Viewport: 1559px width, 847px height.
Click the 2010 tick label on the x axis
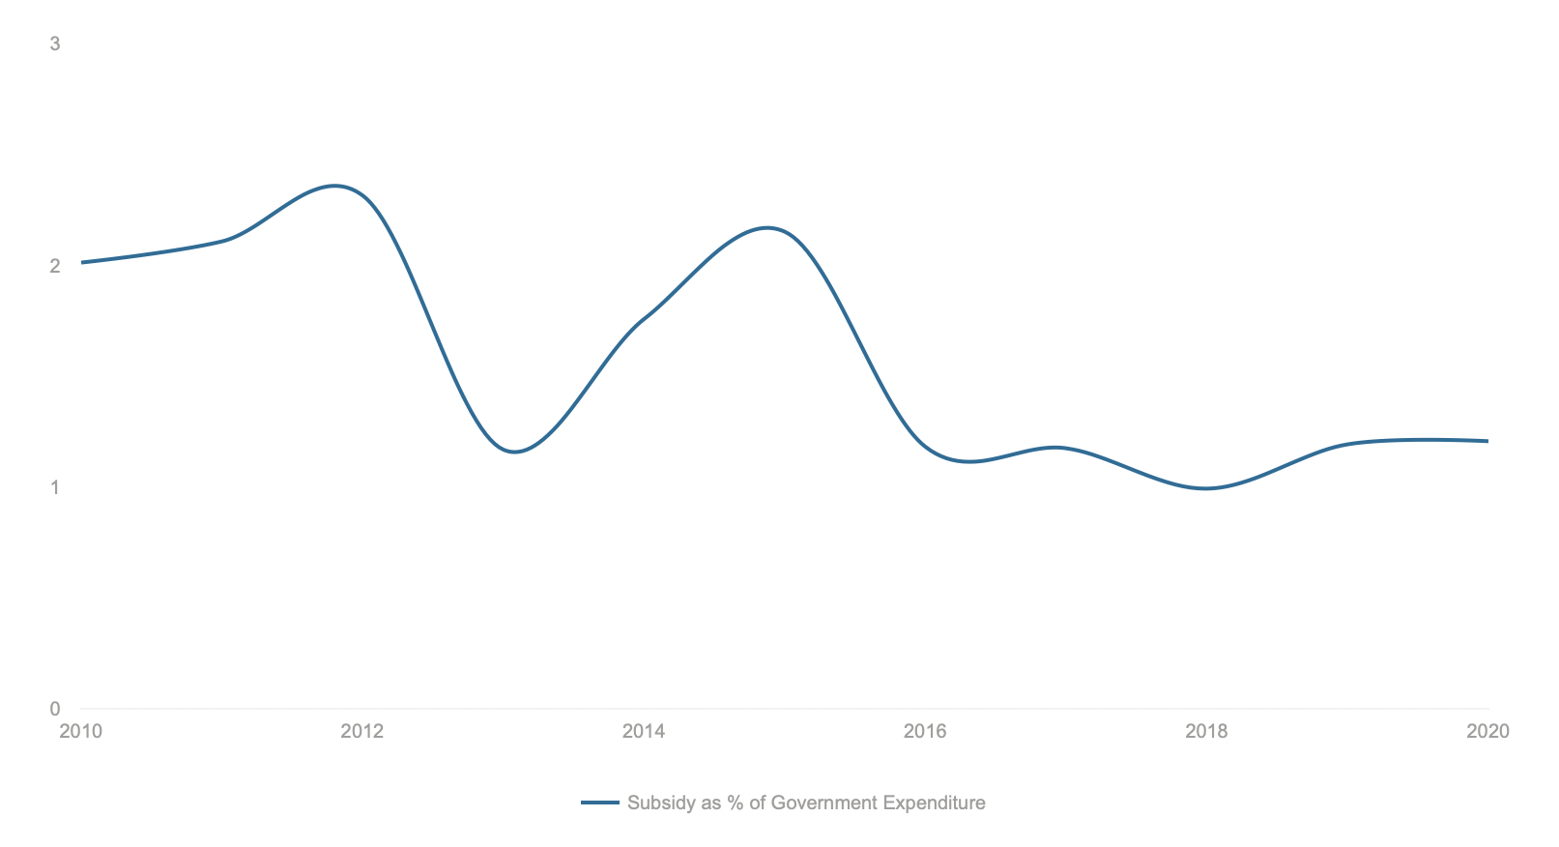(x=80, y=731)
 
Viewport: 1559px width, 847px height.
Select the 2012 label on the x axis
(x=361, y=731)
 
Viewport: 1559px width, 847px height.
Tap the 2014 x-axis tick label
(x=644, y=731)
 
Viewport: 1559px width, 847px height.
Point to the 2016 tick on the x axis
(x=925, y=731)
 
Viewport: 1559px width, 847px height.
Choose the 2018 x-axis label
(x=1206, y=731)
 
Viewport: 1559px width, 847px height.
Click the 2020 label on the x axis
(x=1487, y=731)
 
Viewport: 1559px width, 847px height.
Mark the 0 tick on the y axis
(x=55, y=709)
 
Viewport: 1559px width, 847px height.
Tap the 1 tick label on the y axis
(x=55, y=487)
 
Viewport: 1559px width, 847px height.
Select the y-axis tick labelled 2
(x=55, y=266)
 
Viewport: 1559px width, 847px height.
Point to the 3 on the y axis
(x=55, y=44)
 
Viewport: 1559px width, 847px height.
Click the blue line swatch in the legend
(x=599, y=803)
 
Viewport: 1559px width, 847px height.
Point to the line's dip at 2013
(x=515, y=452)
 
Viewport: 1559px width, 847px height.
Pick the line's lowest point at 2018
(x=1205, y=488)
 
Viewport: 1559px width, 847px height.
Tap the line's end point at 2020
(x=1487, y=441)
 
